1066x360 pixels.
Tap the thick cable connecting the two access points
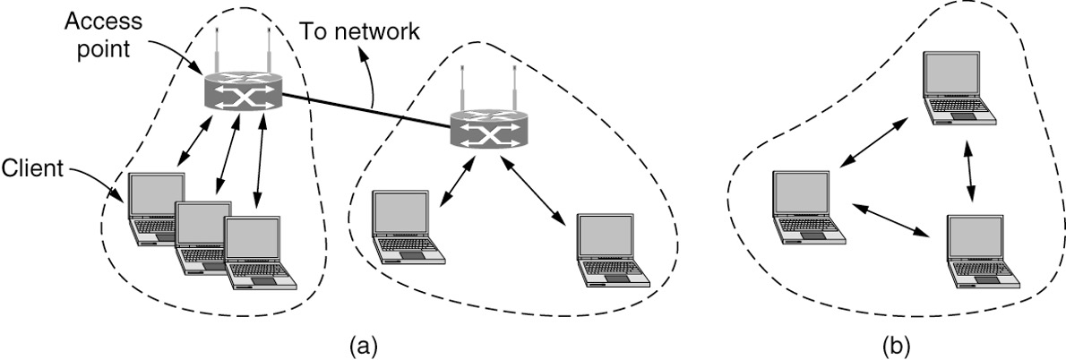click(367, 110)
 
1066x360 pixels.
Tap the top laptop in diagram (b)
click(958, 88)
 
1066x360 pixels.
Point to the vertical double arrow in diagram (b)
click(968, 171)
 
